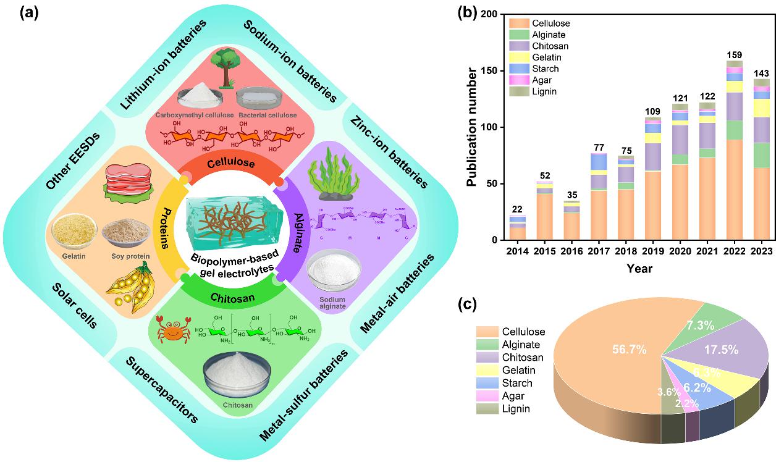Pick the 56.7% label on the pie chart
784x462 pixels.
(x=629, y=350)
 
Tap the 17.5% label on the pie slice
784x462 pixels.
(x=720, y=349)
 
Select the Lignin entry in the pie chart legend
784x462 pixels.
(x=516, y=409)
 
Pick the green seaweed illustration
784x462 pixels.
(x=331, y=178)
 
